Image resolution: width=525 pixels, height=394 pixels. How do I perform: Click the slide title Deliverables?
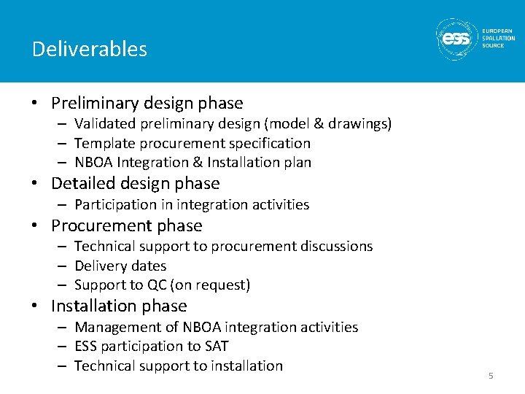coord(89,49)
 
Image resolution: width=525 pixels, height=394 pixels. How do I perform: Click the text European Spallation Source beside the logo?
coord(498,39)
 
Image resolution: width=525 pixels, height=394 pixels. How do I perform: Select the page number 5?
coord(491,376)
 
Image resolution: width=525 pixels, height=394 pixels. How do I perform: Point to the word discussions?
coord(332,246)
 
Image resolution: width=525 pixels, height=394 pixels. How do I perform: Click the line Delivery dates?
coord(120,266)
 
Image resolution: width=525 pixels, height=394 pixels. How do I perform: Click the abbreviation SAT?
coord(217,346)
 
